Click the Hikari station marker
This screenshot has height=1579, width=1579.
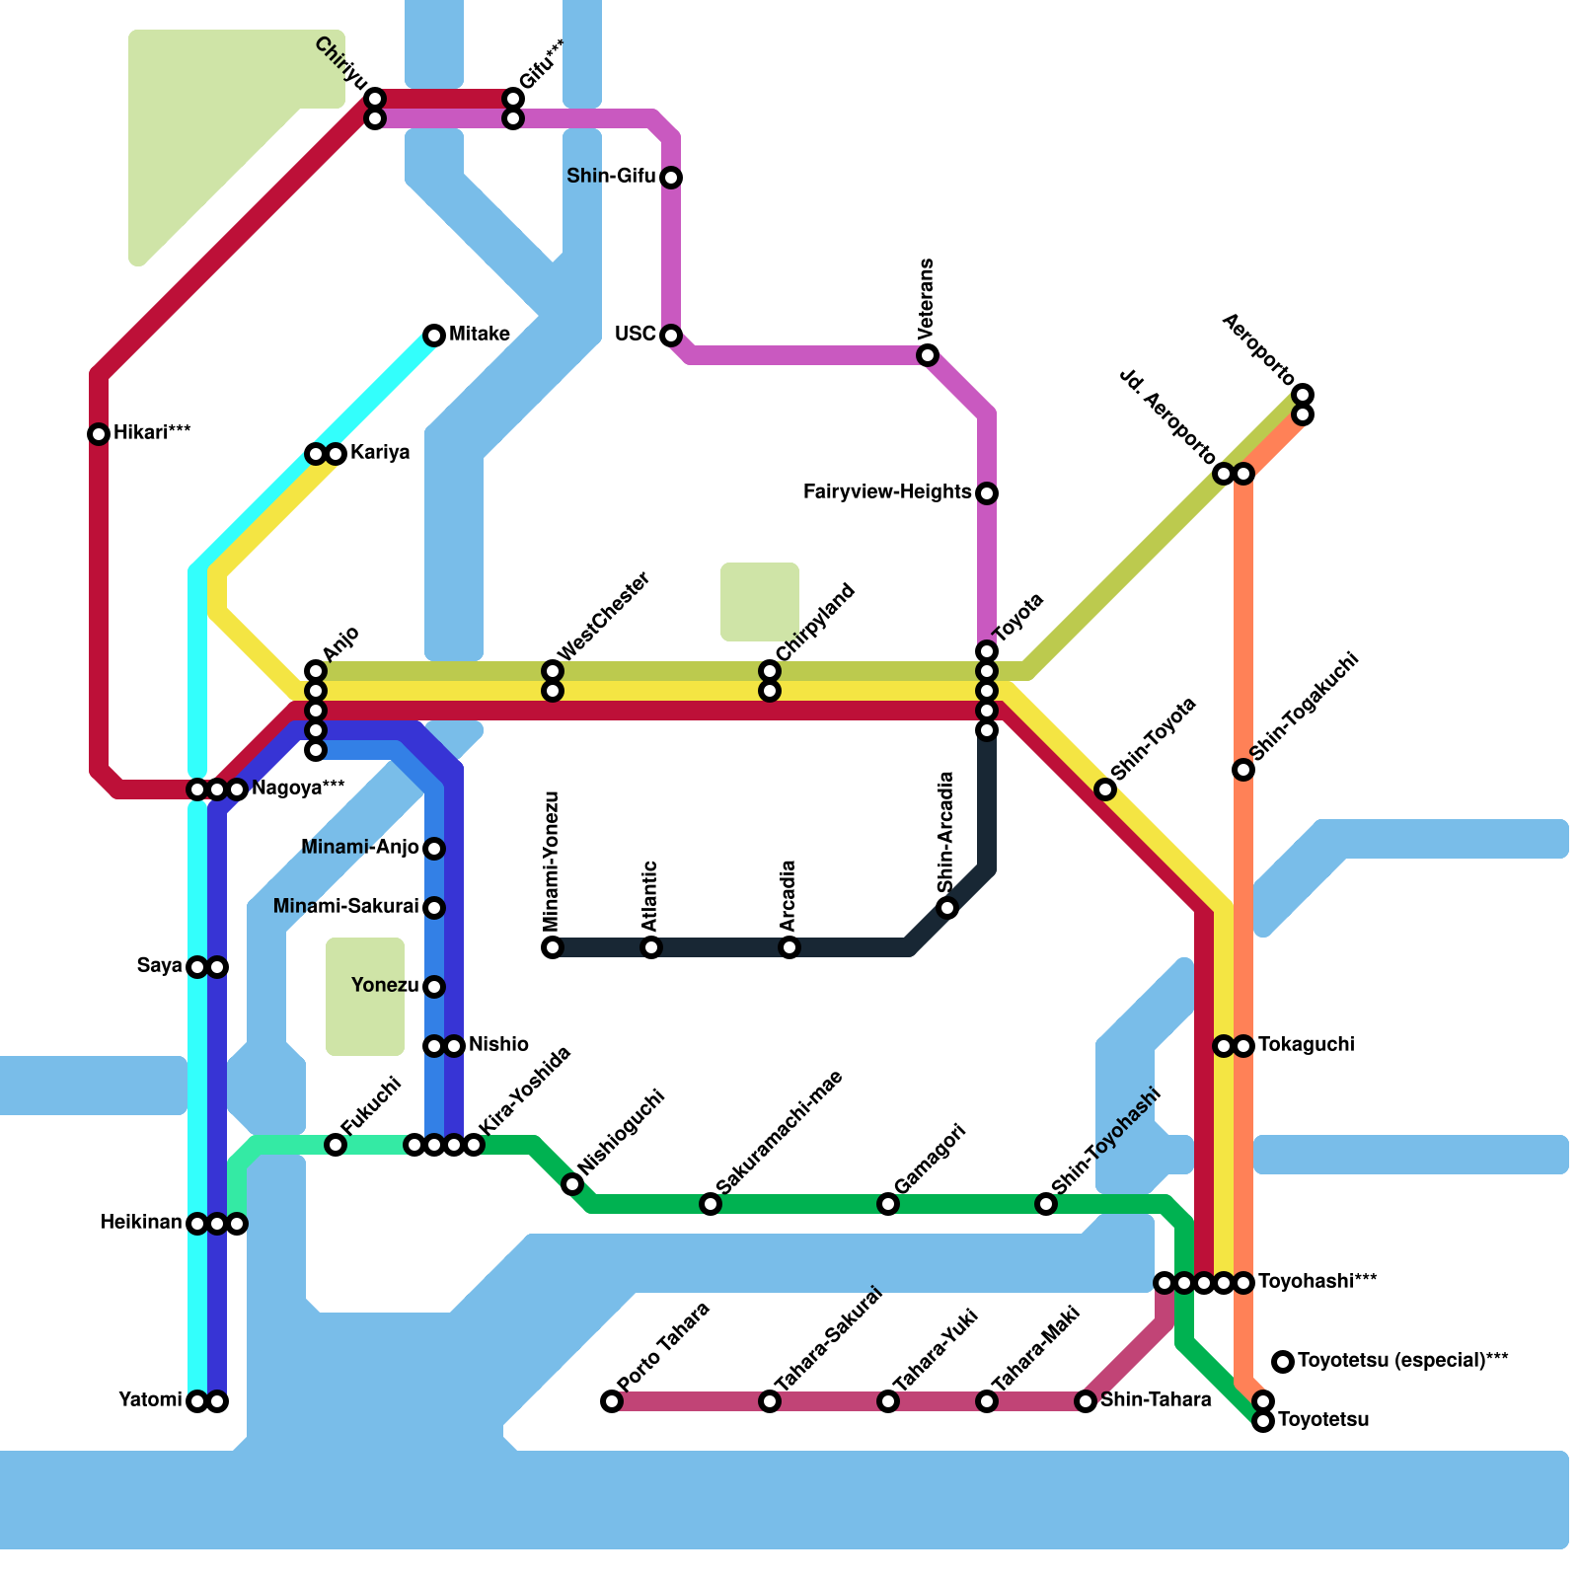(99, 434)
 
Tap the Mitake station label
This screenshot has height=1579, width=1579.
(480, 335)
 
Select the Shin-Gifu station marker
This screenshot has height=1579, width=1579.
(671, 178)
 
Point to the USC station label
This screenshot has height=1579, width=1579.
(635, 335)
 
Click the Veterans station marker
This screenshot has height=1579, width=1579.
(928, 355)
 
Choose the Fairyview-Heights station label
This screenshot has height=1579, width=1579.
(887, 492)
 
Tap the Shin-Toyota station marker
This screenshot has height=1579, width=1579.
(1105, 789)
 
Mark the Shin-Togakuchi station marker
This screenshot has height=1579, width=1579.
(1243, 770)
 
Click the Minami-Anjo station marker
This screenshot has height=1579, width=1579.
(434, 849)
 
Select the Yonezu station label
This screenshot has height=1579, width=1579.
(385, 986)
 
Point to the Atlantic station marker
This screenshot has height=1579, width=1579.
(651, 947)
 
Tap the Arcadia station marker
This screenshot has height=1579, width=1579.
(789, 947)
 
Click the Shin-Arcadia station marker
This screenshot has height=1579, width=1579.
(947, 908)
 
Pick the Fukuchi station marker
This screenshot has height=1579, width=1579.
(336, 1145)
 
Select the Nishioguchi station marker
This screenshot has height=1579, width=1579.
(572, 1184)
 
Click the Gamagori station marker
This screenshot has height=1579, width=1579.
(888, 1204)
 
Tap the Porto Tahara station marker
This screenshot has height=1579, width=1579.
(612, 1401)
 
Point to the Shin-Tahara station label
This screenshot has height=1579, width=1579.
(1156, 1400)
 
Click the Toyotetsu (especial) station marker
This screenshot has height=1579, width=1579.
(1283, 1362)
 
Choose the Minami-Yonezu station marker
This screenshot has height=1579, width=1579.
(553, 947)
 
